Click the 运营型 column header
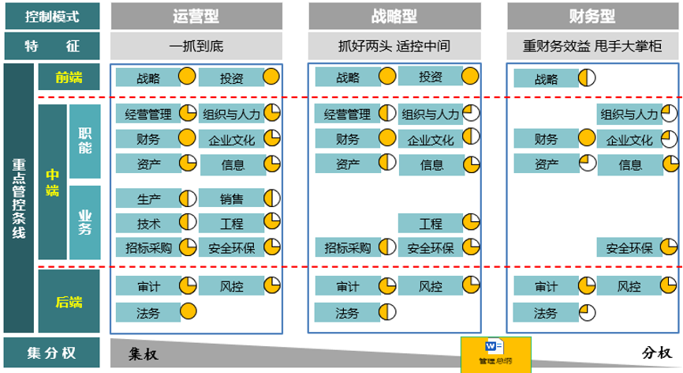196,16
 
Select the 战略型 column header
394,16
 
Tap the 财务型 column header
592,16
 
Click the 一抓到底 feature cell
196,46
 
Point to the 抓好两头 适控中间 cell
394,46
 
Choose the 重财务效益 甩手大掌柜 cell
592,46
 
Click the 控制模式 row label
51,16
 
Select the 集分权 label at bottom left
51,352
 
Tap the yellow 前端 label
69,77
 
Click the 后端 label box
69,301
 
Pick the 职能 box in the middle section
85,141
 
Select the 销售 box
231,198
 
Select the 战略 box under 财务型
546,78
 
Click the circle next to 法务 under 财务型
587,313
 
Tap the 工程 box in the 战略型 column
431,224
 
